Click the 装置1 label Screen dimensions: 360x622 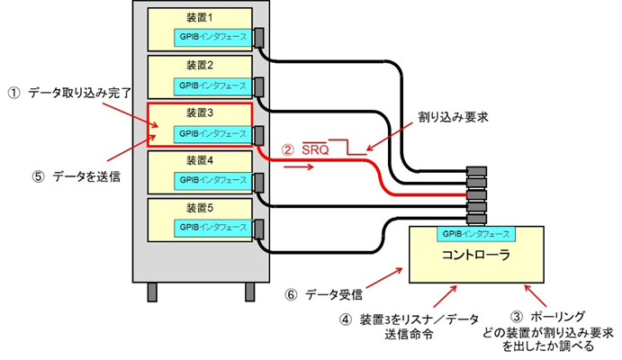(x=201, y=17)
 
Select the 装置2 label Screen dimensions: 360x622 (x=201, y=65)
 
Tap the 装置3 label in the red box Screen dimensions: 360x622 (x=201, y=112)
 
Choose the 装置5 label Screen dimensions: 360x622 (x=201, y=208)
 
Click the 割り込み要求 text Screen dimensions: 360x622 (x=452, y=118)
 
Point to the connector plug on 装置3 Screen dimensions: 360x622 (x=258, y=135)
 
